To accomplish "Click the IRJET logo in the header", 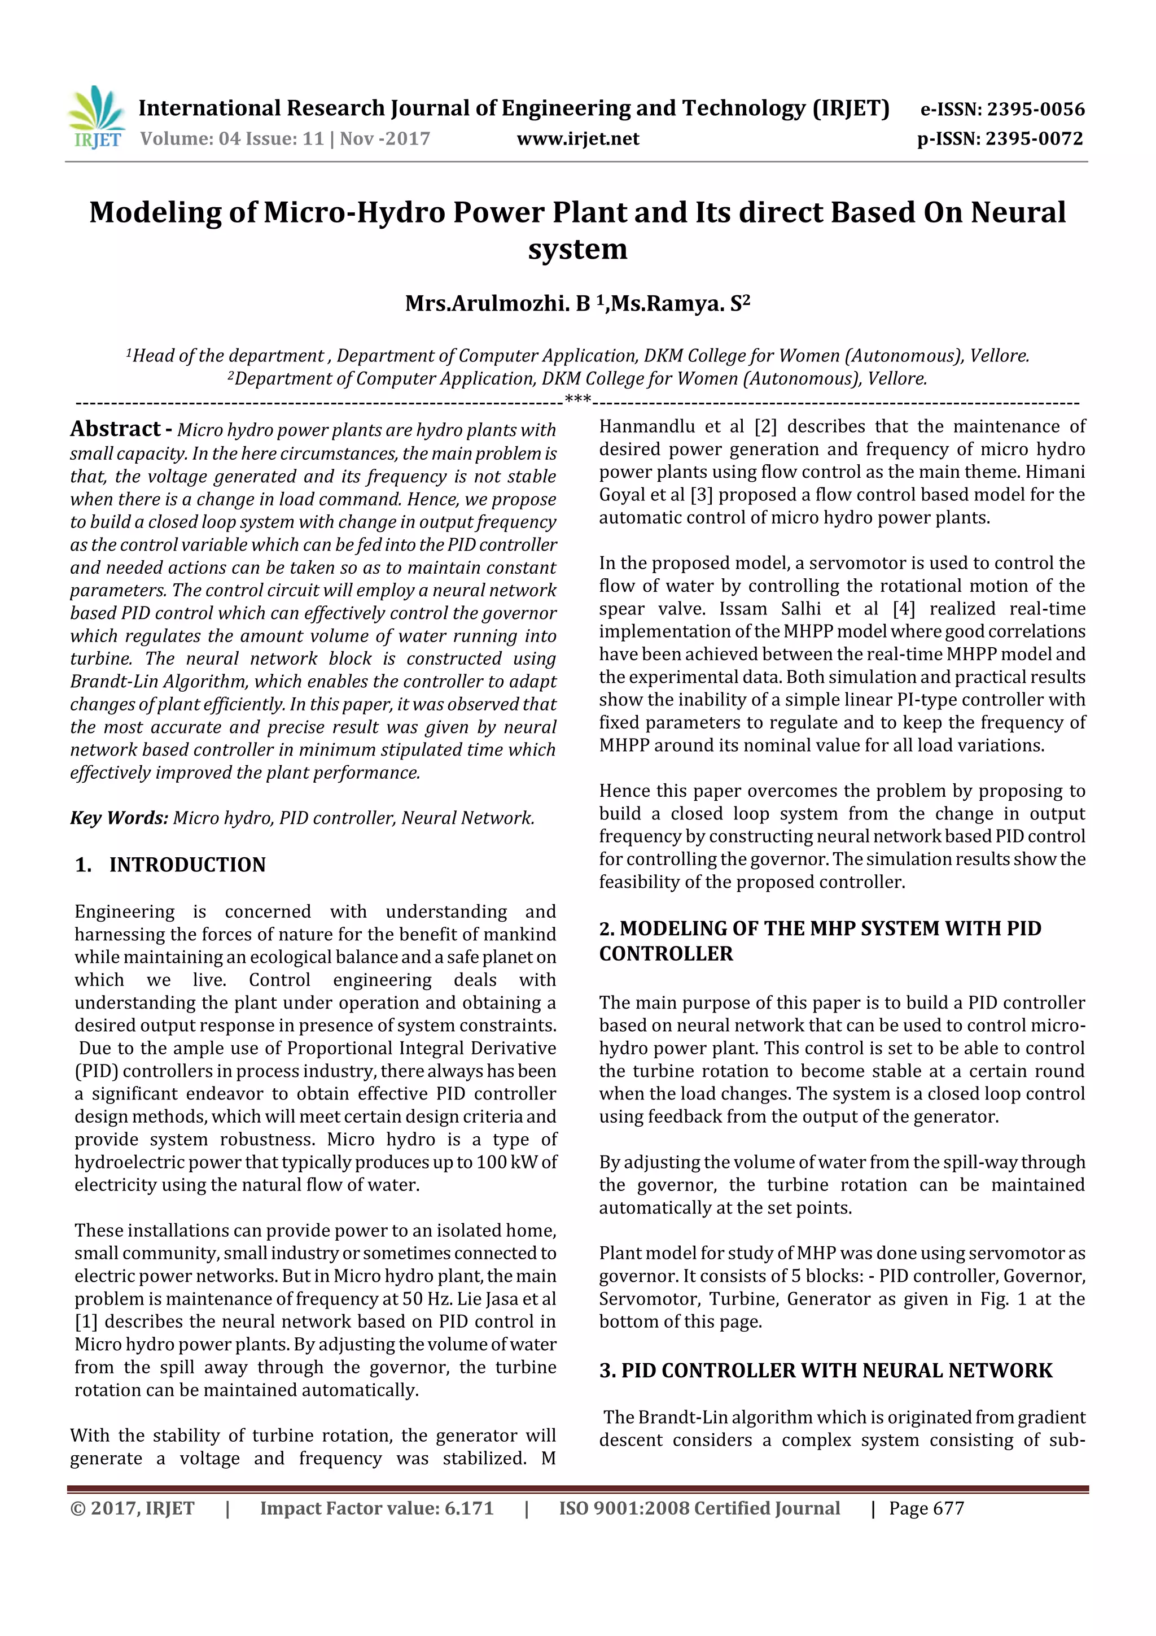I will (96, 117).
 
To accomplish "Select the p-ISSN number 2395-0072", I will (1034, 138).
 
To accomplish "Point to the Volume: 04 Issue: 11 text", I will (232, 138).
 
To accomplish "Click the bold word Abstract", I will (115, 429).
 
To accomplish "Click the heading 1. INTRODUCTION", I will (170, 865).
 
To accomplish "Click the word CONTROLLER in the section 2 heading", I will (665, 953).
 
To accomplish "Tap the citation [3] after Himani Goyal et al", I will (702, 495).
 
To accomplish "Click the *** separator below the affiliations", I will (577, 399).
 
